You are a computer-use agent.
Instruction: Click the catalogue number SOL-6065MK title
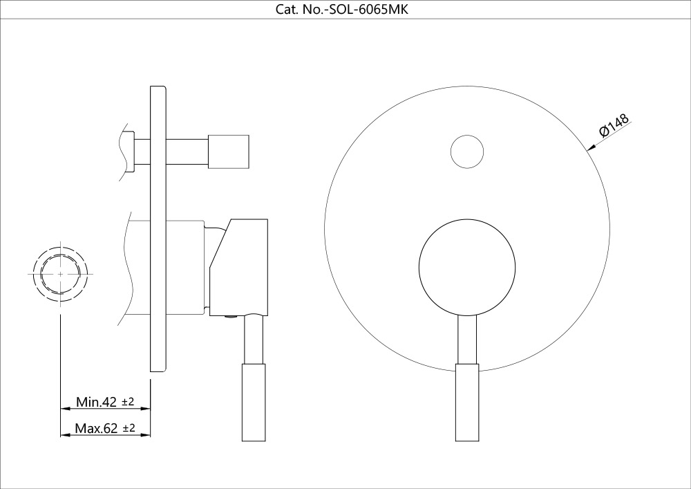coord(345,10)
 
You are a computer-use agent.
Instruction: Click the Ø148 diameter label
coord(614,127)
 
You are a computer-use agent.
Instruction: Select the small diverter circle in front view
coord(466,151)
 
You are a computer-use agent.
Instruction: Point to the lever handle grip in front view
coord(466,401)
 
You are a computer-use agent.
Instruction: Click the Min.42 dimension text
coord(96,402)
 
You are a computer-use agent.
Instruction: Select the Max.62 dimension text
coord(97,429)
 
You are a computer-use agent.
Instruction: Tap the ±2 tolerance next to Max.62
coord(129,429)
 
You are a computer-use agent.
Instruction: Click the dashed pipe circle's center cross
coord(61,274)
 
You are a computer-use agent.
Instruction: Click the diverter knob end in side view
coord(229,151)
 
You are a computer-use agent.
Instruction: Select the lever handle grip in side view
coord(252,401)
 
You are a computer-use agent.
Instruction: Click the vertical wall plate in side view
coord(158,232)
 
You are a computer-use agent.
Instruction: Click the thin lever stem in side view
coord(252,339)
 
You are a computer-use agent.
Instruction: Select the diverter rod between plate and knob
coord(187,151)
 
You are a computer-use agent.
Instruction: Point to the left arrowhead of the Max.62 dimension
coord(64,434)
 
